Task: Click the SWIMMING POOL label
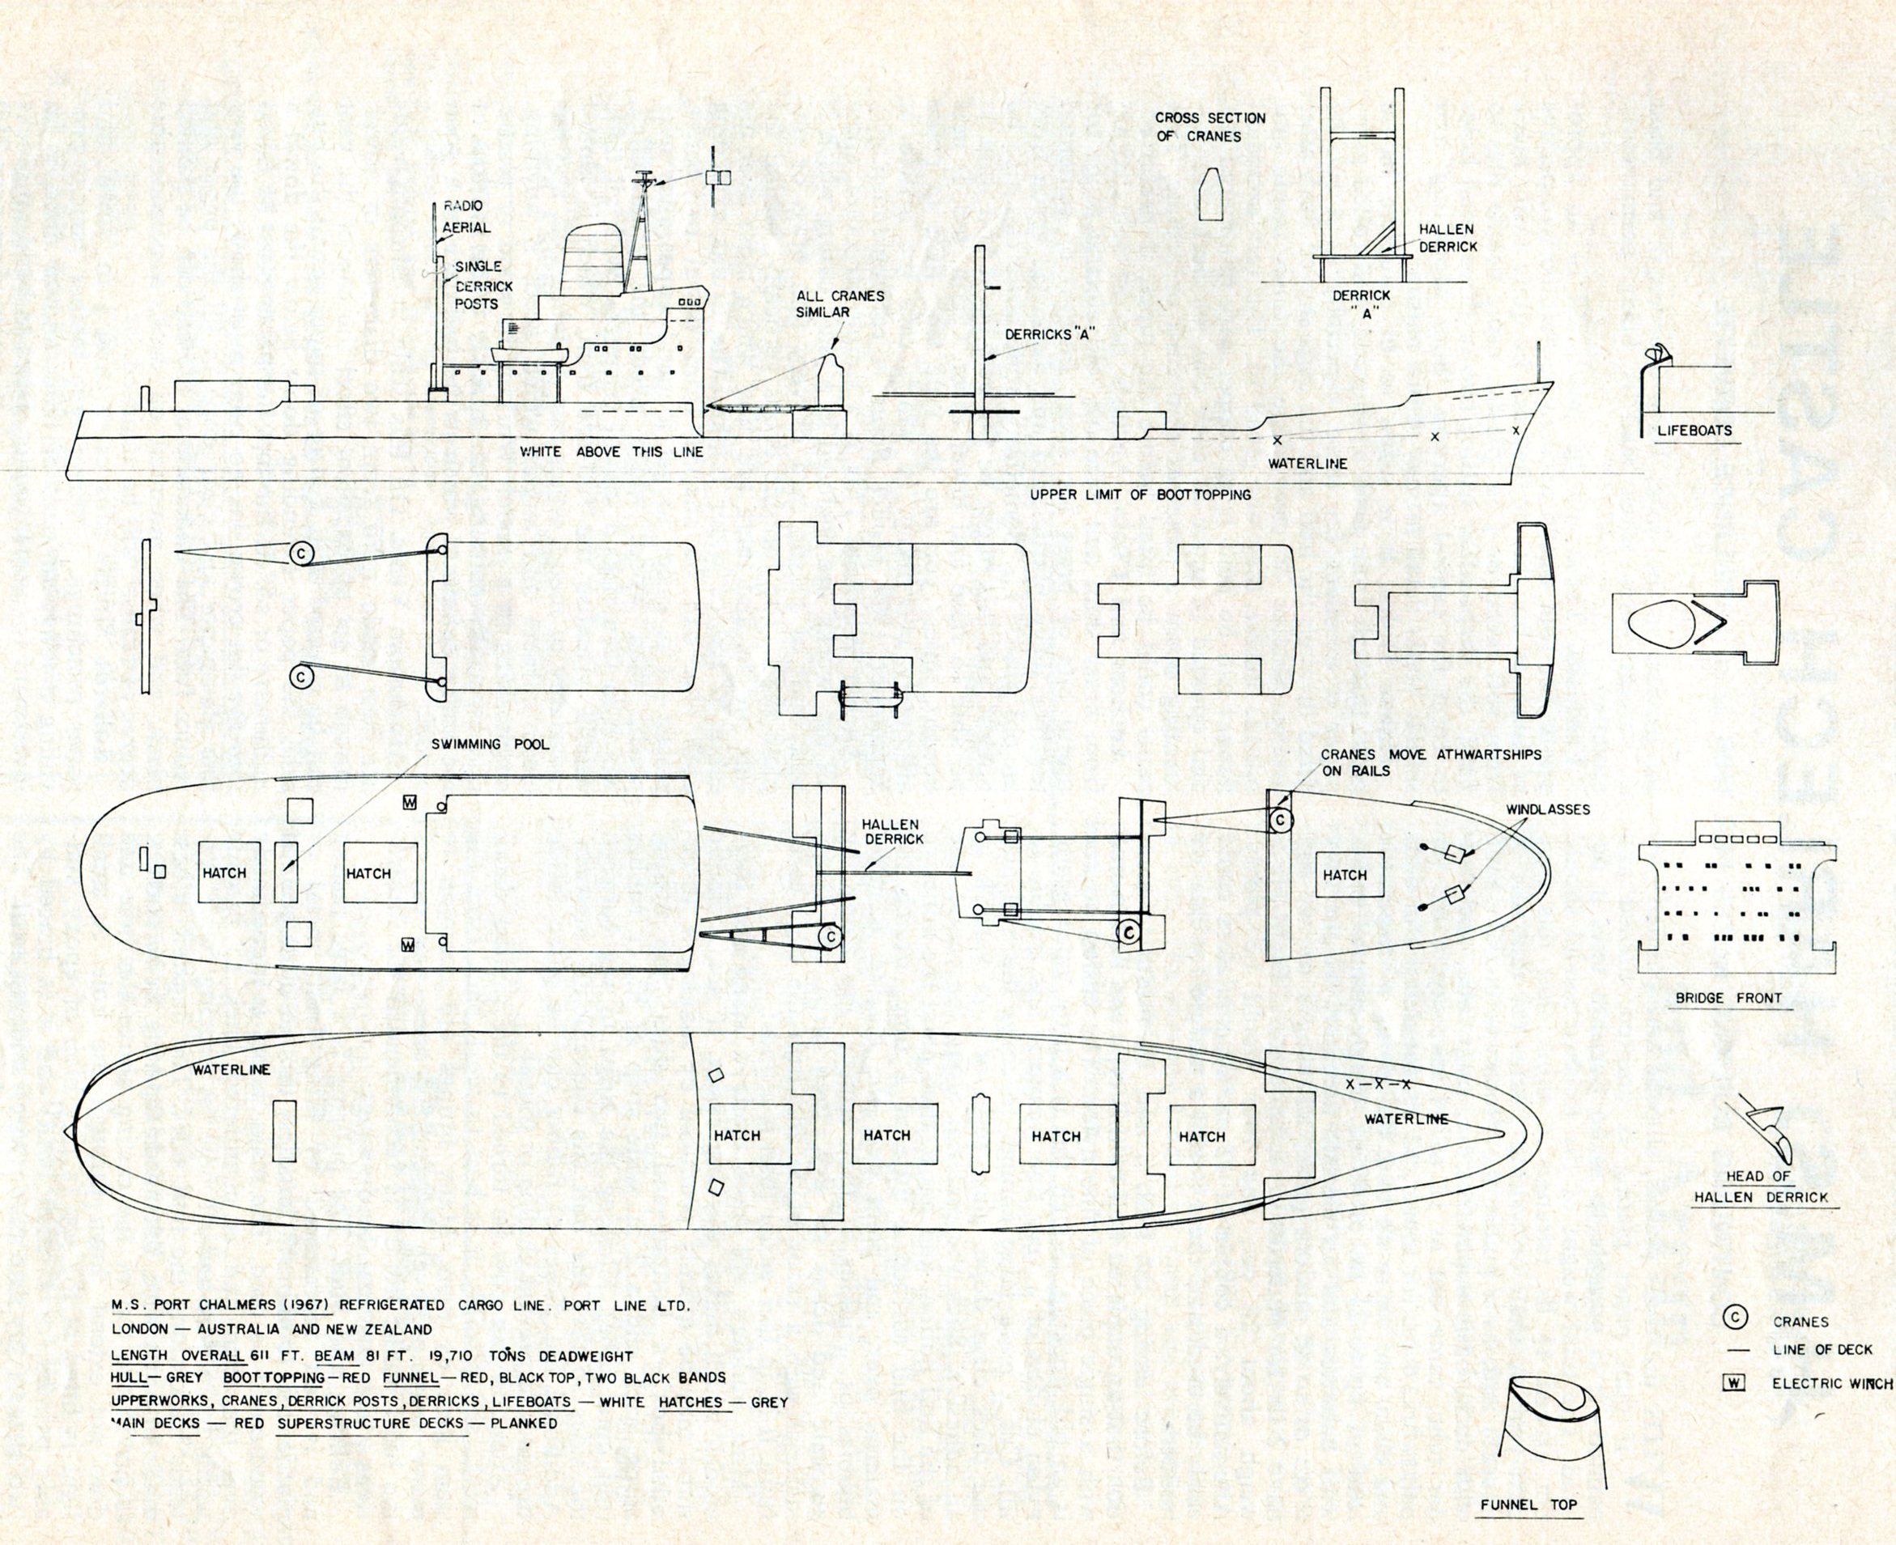[x=488, y=744]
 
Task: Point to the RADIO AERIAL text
[x=465, y=216]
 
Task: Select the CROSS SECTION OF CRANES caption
[x=1209, y=126]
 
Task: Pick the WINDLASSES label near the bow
[x=1548, y=810]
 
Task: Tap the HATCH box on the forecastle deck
[x=1344, y=875]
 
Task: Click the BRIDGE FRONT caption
[x=1728, y=999]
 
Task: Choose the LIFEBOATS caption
[x=1694, y=430]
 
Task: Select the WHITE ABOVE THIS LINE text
[x=611, y=452]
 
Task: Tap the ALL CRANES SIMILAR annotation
[x=840, y=303]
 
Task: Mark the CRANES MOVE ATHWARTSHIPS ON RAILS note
[x=1431, y=762]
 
